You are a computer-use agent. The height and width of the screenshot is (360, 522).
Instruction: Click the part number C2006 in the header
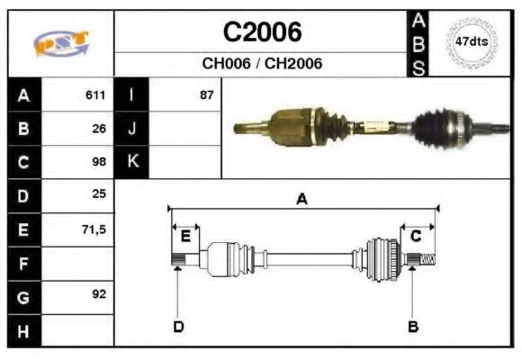262,32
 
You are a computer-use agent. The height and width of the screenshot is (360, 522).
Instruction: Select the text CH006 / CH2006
262,64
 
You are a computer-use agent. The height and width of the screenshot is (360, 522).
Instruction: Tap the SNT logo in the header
61,43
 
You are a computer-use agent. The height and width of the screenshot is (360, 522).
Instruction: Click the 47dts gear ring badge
472,41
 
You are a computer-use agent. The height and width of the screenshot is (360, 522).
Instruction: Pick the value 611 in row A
95,94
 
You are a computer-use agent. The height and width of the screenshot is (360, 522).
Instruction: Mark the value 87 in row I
206,94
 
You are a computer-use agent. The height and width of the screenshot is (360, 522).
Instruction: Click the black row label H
22,330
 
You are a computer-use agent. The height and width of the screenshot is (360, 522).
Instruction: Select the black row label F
22,263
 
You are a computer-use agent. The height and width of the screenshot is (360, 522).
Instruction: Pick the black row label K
131,162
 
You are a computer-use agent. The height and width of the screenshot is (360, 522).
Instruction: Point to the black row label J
131,128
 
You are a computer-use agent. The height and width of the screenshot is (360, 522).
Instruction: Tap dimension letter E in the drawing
185,236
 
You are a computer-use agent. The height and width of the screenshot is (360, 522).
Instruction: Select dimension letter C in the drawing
416,236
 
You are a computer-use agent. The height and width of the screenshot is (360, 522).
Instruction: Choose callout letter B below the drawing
413,326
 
